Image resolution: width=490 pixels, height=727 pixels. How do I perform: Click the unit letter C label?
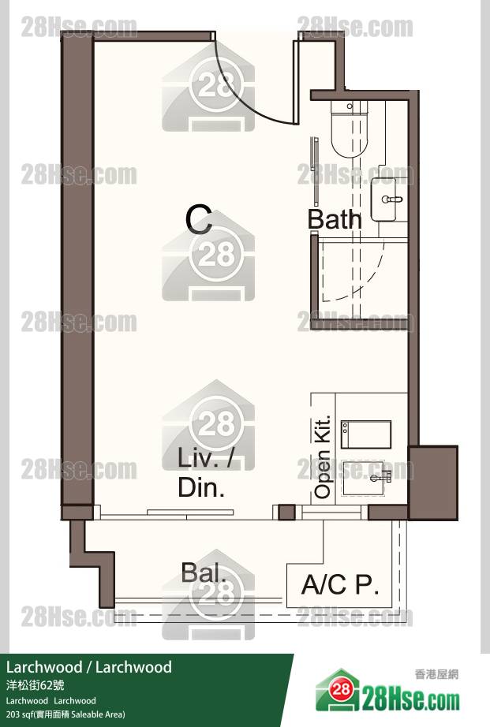(199, 220)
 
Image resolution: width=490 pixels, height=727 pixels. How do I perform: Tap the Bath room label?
(335, 219)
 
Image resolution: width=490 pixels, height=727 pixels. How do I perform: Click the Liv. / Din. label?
(204, 472)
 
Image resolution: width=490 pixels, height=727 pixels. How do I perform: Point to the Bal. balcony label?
(204, 572)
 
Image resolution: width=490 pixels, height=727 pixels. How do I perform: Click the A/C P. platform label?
(340, 584)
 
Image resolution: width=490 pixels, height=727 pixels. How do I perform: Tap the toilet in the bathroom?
(350, 130)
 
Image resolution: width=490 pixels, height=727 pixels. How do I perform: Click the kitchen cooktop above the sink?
(365, 434)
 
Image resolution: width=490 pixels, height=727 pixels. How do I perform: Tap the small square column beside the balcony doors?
(286, 513)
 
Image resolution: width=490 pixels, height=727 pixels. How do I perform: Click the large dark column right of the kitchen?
(433, 483)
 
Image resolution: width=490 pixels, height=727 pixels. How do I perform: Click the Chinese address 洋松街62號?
(36, 685)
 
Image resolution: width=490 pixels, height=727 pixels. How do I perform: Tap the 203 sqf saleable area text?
(65, 714)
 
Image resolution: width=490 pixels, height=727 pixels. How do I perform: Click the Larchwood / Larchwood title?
(88, 667)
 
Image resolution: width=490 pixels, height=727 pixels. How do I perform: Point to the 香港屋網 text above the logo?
(436, 674)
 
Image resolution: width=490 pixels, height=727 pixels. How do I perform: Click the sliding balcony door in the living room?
(190, 513)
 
